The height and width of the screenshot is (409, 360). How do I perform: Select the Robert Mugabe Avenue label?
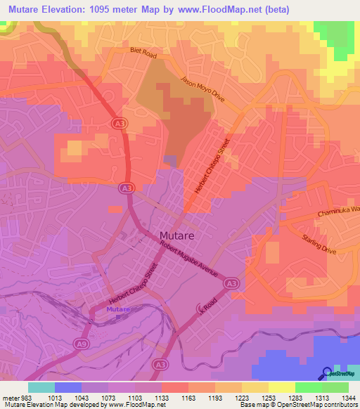coord(188,259)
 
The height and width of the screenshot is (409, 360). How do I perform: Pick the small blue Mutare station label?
coord(118,310)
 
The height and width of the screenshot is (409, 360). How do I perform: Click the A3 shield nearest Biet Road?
coord(120,123)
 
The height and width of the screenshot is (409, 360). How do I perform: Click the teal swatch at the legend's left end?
coord(41,387)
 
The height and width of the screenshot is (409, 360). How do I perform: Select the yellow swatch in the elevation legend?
coord(281,387)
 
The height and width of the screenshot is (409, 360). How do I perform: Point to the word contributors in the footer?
coord(340,405)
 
